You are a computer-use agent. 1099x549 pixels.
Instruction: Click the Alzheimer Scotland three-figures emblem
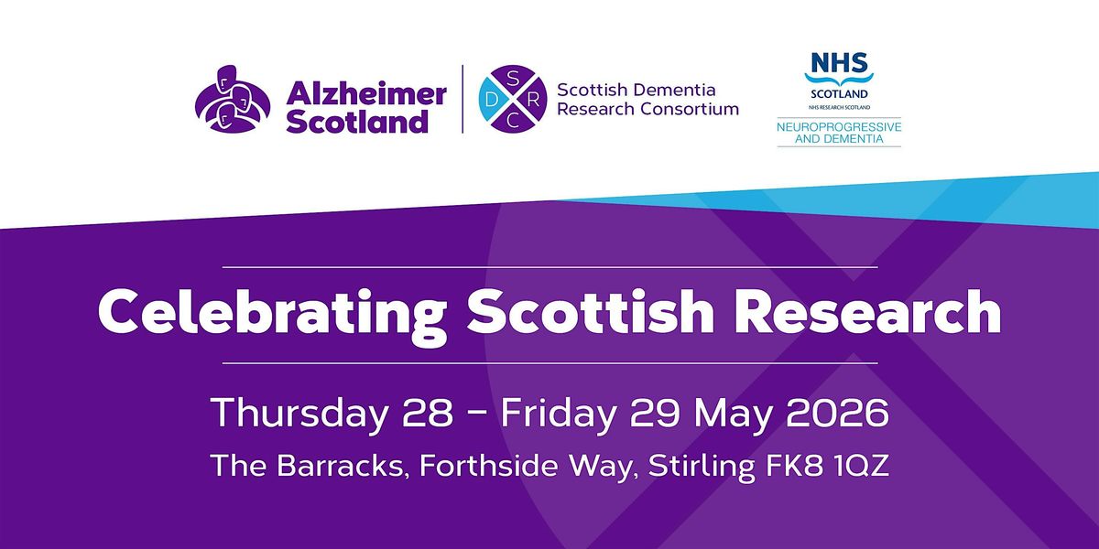coord(233,100)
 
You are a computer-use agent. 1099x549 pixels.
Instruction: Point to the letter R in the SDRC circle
coord(534,100)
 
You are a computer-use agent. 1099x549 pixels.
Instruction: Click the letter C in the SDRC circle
coord(513,120)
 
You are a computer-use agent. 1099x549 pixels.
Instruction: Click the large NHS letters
coord(840,62)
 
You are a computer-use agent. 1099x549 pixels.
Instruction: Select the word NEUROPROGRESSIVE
coord(839,127)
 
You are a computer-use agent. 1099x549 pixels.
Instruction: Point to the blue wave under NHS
coord(840,79)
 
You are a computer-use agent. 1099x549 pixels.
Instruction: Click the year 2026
coord(837,413)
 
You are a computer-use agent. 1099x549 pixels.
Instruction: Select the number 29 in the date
coord(655,413)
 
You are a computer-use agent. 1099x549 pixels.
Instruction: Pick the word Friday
coord(559,414)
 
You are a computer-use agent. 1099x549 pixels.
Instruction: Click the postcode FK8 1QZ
coord(827,466)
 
